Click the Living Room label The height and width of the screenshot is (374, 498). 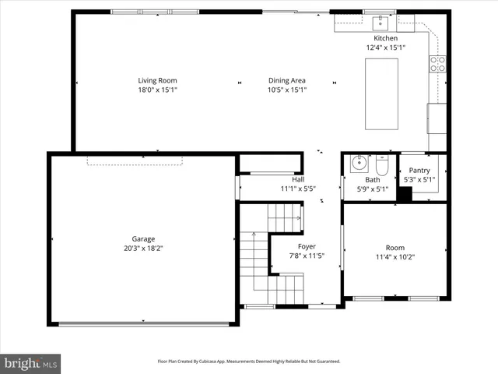tap(158, 80)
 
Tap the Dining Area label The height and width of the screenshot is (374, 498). tap(287, 80)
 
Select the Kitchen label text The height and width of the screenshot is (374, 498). tap(386, 38)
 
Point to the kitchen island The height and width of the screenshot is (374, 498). tap(382, 93)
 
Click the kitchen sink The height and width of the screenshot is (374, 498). tap(383, 22)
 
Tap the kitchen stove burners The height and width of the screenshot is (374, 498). tap(438, 64)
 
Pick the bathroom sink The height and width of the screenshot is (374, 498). tap(359, 164)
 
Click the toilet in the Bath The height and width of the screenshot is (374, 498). tap(382, 167)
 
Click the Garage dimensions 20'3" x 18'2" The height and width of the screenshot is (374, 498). tap(143, 248)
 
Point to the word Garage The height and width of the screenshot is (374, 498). tap(143, 238)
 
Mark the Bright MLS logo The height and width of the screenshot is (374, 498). tap(30, 363)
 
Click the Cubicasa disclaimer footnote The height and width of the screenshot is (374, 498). tap(249, 362)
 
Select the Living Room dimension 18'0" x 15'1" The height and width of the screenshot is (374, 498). tap(158, 90)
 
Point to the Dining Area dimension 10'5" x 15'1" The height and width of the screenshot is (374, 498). tap(287, 90)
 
